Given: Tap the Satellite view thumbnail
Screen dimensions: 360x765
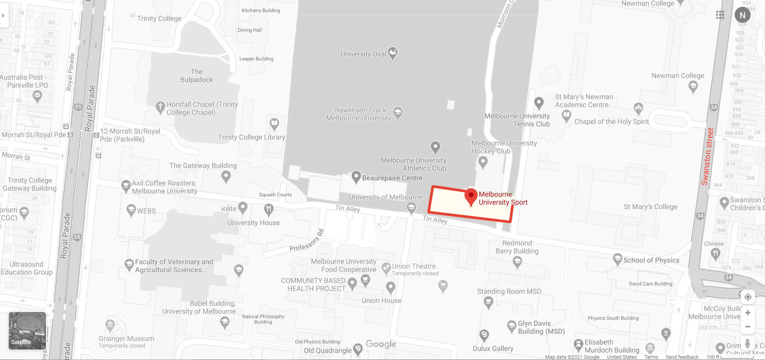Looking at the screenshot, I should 27,330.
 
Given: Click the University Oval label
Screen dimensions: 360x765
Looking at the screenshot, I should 363,54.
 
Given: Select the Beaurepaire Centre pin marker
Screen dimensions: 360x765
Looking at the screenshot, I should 356,177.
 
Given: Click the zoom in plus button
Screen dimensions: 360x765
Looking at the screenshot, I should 747,313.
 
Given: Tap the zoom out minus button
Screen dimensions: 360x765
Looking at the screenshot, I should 747,327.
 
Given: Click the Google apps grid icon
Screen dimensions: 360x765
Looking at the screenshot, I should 720,15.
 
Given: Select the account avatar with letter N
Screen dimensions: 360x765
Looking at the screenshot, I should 742,15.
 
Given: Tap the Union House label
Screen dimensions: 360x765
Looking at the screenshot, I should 381,300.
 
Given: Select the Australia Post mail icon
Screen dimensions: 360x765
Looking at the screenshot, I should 37,96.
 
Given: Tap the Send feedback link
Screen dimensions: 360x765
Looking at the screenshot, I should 682,357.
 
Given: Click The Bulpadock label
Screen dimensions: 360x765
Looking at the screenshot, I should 196,76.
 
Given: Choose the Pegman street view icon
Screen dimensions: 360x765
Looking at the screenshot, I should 747,343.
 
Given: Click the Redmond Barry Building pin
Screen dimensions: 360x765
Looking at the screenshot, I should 517,262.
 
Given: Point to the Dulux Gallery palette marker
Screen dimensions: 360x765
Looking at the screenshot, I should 484,335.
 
